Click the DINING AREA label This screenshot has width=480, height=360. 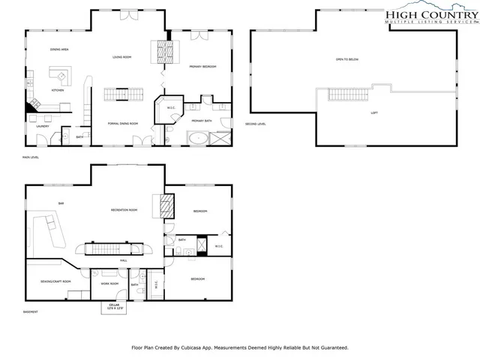(60, 49)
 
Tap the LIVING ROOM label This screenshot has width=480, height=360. (122, 57)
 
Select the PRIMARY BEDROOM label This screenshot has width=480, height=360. (202, 67)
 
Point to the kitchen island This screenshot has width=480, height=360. (58, 74)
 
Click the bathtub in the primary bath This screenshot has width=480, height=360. (198, 137)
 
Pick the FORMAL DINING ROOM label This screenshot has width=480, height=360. (123, 123)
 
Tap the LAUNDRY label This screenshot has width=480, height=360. (43, 126)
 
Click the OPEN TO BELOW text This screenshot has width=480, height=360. (348, 59)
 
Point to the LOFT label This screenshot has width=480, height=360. (374, 113)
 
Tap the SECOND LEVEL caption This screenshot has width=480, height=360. (256, 124)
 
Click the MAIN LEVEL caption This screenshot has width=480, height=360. (31, 157)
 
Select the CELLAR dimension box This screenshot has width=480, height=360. (113, 307)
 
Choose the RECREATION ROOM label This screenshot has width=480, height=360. (124, 210)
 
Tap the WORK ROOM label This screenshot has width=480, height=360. (110, 283)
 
